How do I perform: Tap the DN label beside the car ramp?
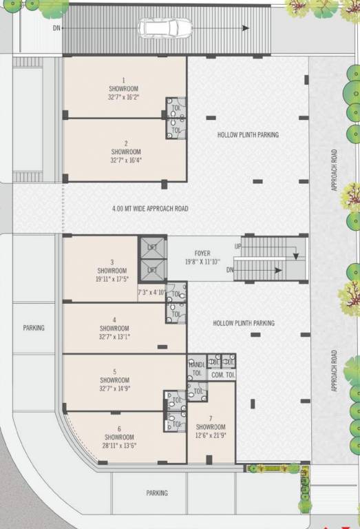(x=56, y=28)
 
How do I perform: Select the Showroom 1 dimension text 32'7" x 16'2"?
(x=124, y=98)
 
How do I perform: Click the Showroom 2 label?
(x=126, y=152)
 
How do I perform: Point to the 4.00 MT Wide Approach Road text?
(x=150, y=209)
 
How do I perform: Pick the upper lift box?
(x=152, y=247)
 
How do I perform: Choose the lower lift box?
(x=152, y=270)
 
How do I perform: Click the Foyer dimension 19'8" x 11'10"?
(x=202, y=262)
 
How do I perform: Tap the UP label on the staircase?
(x=238, y=247)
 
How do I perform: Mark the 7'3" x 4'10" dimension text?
(x=151, y=292)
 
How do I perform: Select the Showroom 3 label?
(x=112, y=271)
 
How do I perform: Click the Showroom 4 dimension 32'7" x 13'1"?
(x=114, y=337)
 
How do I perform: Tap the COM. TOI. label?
(x=223, y=375)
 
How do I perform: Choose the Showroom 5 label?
(x=115, y=380)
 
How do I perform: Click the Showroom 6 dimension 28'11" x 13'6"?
(x=119, y=446)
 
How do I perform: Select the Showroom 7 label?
(x=211, y=427)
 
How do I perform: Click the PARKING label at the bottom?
(x=157, y=493)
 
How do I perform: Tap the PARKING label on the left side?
(x=34, y=328)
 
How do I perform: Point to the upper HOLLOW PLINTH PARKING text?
(x=248, y=134)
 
